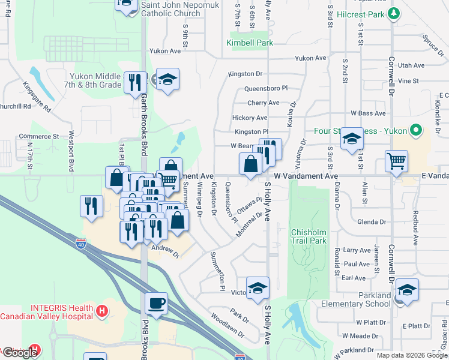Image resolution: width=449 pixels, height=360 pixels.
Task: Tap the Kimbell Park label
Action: [250, 43]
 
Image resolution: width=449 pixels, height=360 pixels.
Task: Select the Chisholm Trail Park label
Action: [309, 236]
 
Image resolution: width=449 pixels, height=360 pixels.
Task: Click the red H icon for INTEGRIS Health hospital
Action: [102, 311]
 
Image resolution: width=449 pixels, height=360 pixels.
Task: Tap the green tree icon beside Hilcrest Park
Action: [394, 13]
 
